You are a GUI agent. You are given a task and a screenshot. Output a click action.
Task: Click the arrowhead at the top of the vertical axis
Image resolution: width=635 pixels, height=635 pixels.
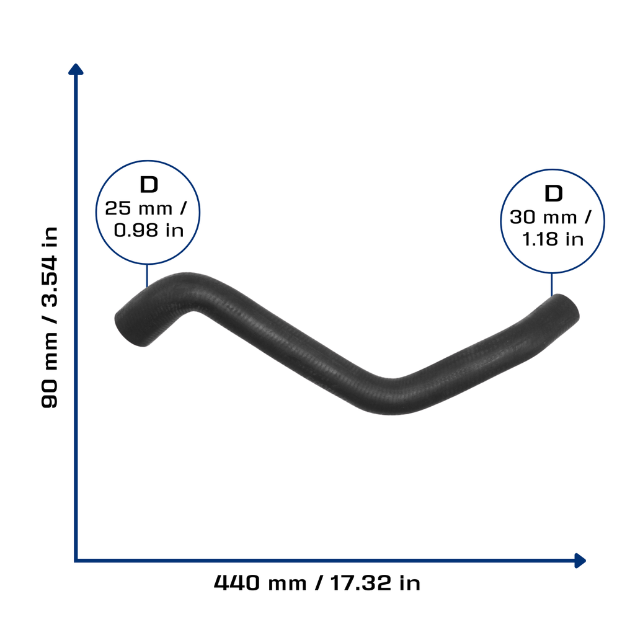(x=76, y=69)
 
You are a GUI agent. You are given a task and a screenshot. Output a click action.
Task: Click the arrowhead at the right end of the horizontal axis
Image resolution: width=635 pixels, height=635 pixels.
(x=580, y=561)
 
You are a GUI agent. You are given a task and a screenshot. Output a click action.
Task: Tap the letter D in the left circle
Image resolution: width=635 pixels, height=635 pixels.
(x=149, y=185)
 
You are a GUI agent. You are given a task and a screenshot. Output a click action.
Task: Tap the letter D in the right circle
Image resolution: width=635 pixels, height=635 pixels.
(x=554, y=193)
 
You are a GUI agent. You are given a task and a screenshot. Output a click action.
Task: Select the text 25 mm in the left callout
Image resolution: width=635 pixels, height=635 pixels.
(x=138, y=208)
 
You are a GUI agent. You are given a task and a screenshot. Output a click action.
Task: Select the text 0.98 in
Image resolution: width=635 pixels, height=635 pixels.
(x=149, y=231)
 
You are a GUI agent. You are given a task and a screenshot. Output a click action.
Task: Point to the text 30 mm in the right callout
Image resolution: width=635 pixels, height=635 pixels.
(x=543, y=218)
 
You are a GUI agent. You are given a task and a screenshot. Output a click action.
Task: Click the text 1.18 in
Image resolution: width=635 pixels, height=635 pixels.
(x=553, y=239)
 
